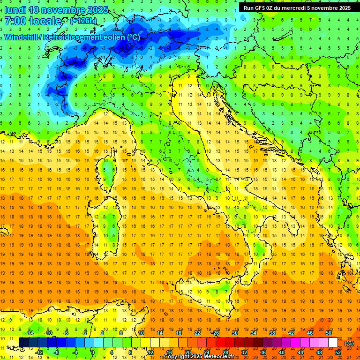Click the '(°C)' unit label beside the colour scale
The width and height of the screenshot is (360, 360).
(349, 343)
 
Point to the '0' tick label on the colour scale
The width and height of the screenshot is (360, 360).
(93, 352)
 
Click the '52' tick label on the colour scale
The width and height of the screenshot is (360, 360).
(338, 352)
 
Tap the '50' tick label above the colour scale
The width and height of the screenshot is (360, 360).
(329, 333)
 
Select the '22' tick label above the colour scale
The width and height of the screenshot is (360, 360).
(197, 333)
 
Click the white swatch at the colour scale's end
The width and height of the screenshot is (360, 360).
(333, 343)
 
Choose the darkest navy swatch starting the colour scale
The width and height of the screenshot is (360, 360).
(23, 343)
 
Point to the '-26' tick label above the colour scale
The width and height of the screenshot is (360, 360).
(216, 333)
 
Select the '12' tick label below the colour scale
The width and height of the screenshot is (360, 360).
(150, 352)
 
